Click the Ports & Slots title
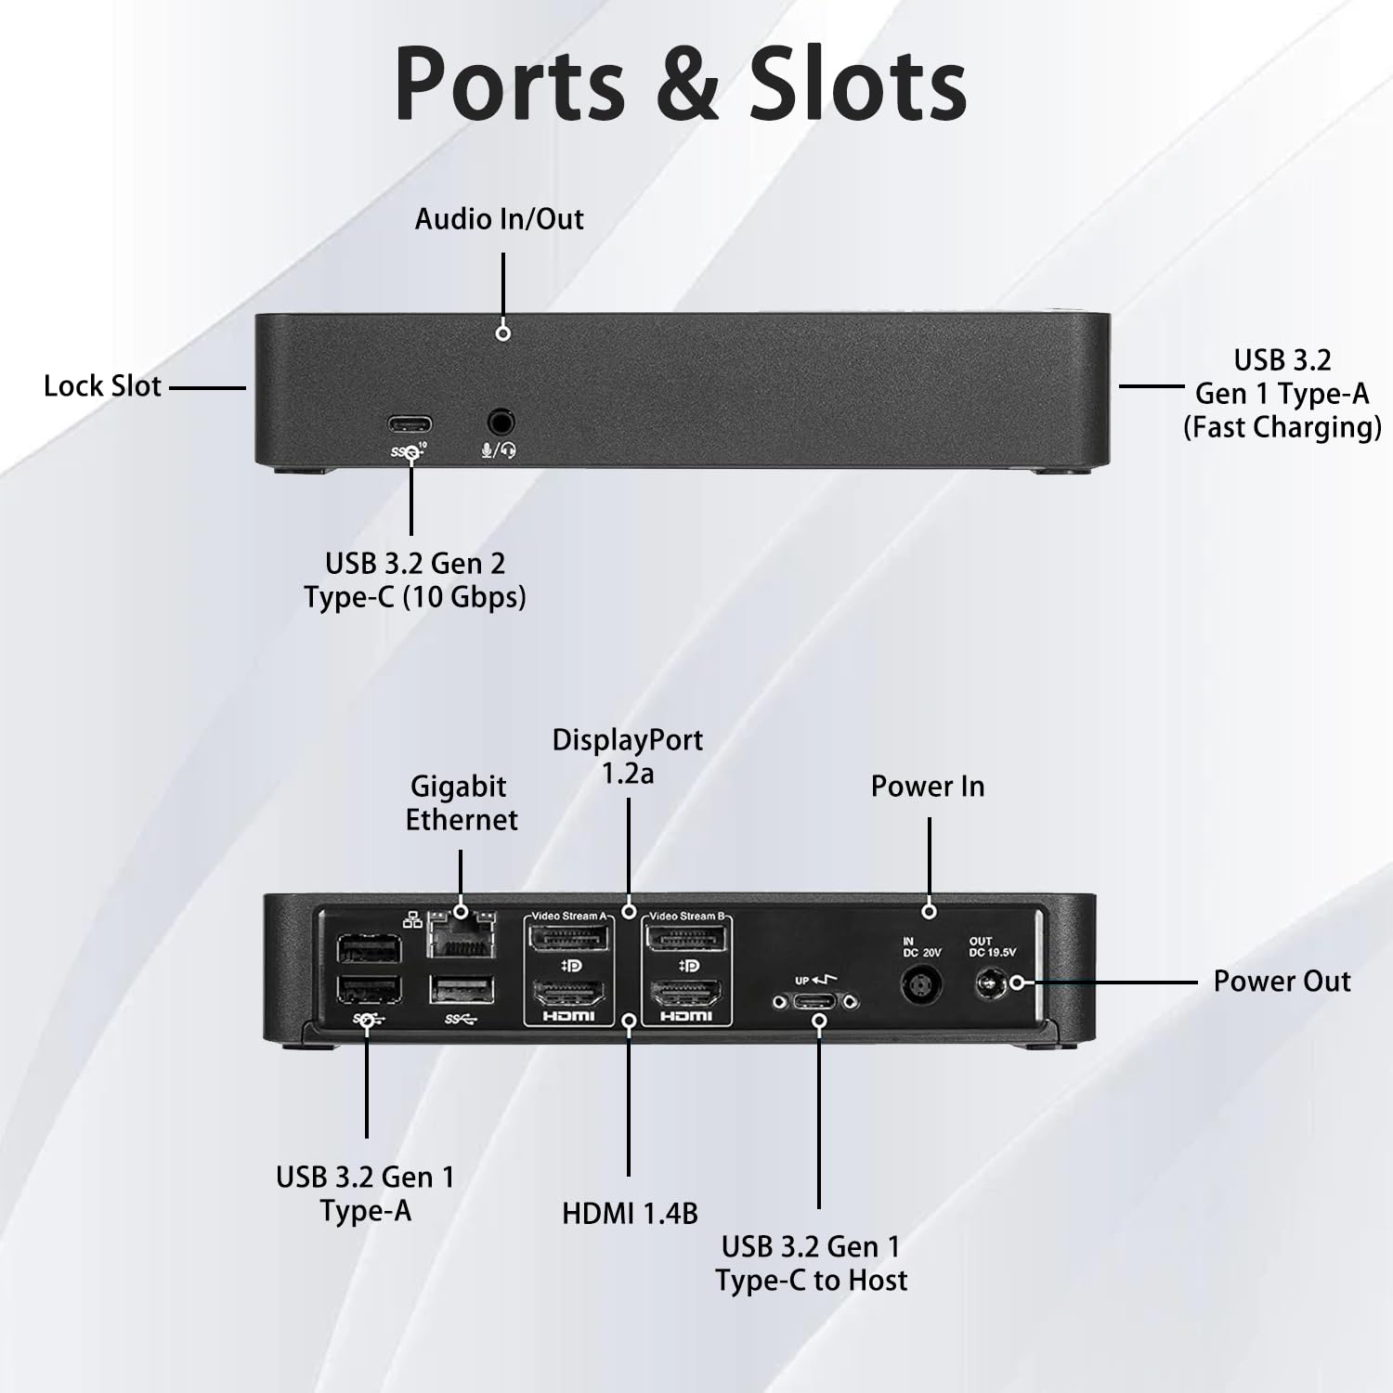tap(681, 85)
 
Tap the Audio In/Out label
tap(500, 219)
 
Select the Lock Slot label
tap(102, 386)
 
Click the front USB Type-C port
tap(410, 424)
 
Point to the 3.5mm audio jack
tap(501, 423)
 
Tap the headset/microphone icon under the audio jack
tap(499, 450)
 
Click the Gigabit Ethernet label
tap(462, 803)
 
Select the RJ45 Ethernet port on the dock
tap(462, 933)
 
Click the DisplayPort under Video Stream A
tap(568, 940)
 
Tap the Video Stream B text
tap(686, 917)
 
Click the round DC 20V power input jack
tap(919, 984)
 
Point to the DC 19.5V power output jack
tap(992, 983)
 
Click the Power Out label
tap(1282, 982)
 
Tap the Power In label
tap(927, 787)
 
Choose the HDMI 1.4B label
tap(630, 1213)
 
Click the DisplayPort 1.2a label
tap(628, 756)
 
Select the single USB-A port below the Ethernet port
tap(462, 990)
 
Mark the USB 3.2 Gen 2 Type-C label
tap(415, 579)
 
